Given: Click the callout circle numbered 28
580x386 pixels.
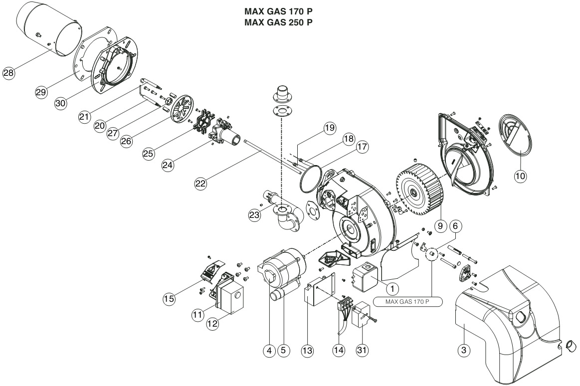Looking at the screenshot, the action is pyautogui.click(x=8, y=72).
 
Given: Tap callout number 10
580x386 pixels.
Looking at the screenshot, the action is pyautogui.click(x=520, y=176).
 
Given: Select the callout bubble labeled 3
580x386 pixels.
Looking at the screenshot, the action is pyautogui.click(x=464, y=350).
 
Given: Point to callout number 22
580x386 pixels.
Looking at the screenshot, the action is pyautogui.click(x=200, y=184).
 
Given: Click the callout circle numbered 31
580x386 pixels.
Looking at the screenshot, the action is pyautogui.click(x=362, y=350).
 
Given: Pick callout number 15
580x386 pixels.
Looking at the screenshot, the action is pyautogui.click(x=169, y=298).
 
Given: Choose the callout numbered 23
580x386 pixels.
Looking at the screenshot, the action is pyautogui.click(x=254, y=215).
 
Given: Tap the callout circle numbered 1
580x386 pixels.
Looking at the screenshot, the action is pyautogui.click(x=392, y=288).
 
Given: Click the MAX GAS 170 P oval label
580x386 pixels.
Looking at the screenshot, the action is pyautogui.click(x=407, y=302).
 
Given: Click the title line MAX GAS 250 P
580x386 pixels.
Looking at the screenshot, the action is pyautogui.click(x=278, y=22).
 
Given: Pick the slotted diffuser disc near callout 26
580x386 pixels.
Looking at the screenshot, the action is pyautogui.click(x=182, y=108).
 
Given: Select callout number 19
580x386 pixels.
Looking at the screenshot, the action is pyautogui.click(x=330, y=128).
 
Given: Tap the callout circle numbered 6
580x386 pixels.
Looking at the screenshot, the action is pyautogui.click(x=455, y=225).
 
